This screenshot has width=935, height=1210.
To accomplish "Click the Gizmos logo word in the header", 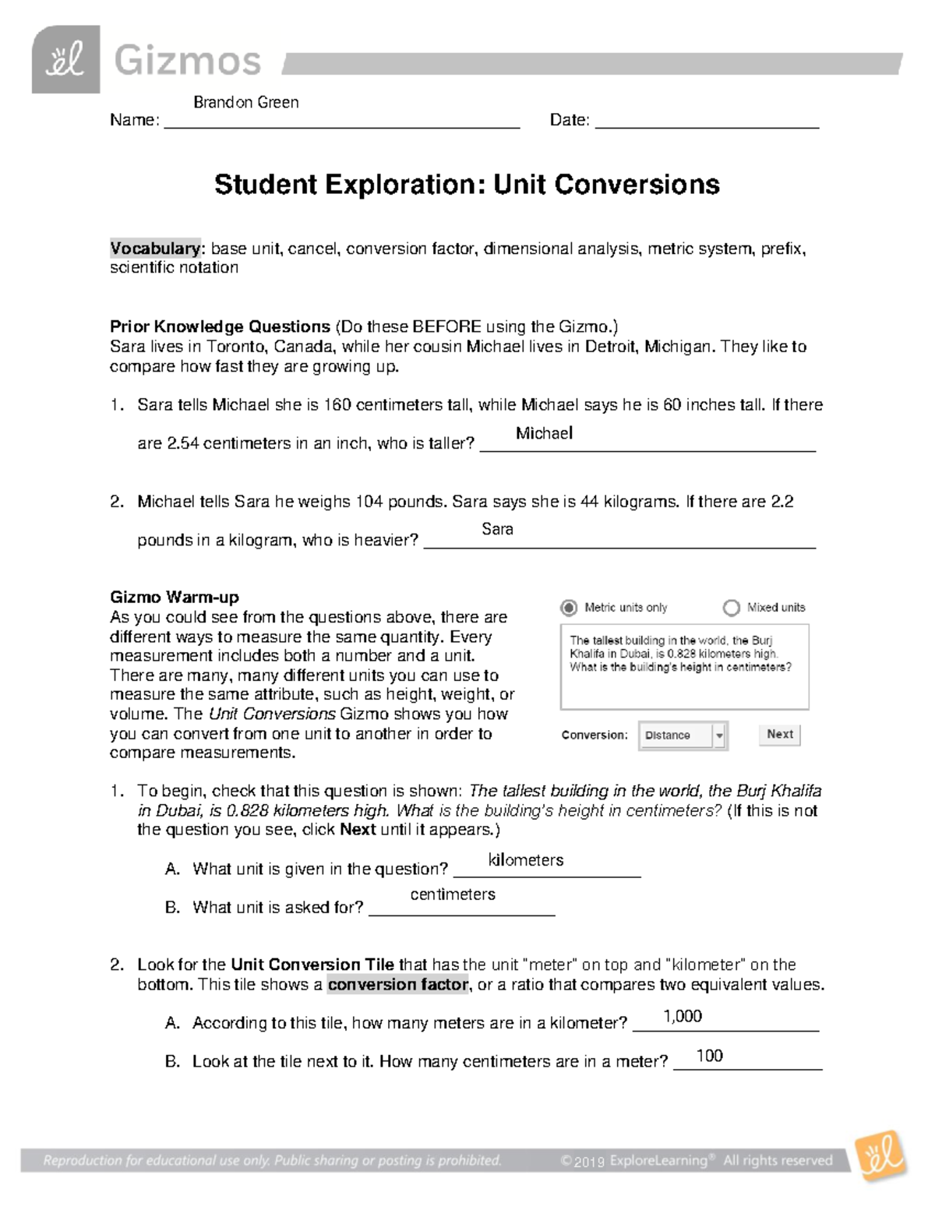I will tap(187, 61).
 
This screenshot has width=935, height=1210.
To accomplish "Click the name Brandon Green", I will tap(245, 102).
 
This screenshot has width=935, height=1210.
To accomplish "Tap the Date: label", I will tap(570, 120).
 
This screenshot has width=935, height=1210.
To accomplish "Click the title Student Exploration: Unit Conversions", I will tap(467, 185).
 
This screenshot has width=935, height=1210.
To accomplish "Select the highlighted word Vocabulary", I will tap(156, 249).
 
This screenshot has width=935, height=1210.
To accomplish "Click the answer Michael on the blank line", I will tap(544, 433).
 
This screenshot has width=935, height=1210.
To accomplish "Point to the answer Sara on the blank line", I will tap(497, 529).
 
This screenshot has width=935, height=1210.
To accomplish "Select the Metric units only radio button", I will tap(570, 608).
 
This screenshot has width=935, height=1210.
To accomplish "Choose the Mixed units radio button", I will tap(731, 608).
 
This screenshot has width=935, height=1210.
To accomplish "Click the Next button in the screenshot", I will tap(779, 734).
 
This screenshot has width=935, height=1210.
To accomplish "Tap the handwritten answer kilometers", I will tap(526, 860).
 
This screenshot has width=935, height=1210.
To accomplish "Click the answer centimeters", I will tap(453, 894).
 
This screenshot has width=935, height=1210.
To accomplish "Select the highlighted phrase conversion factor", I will tap(398, 984).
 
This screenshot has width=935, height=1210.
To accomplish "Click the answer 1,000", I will tap(683, 1016).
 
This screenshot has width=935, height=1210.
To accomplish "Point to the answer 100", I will tap(709, 1056).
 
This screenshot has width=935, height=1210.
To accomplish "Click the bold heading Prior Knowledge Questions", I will tap(221, 326).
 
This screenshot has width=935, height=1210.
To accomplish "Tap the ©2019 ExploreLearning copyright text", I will tap(635, 1161).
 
